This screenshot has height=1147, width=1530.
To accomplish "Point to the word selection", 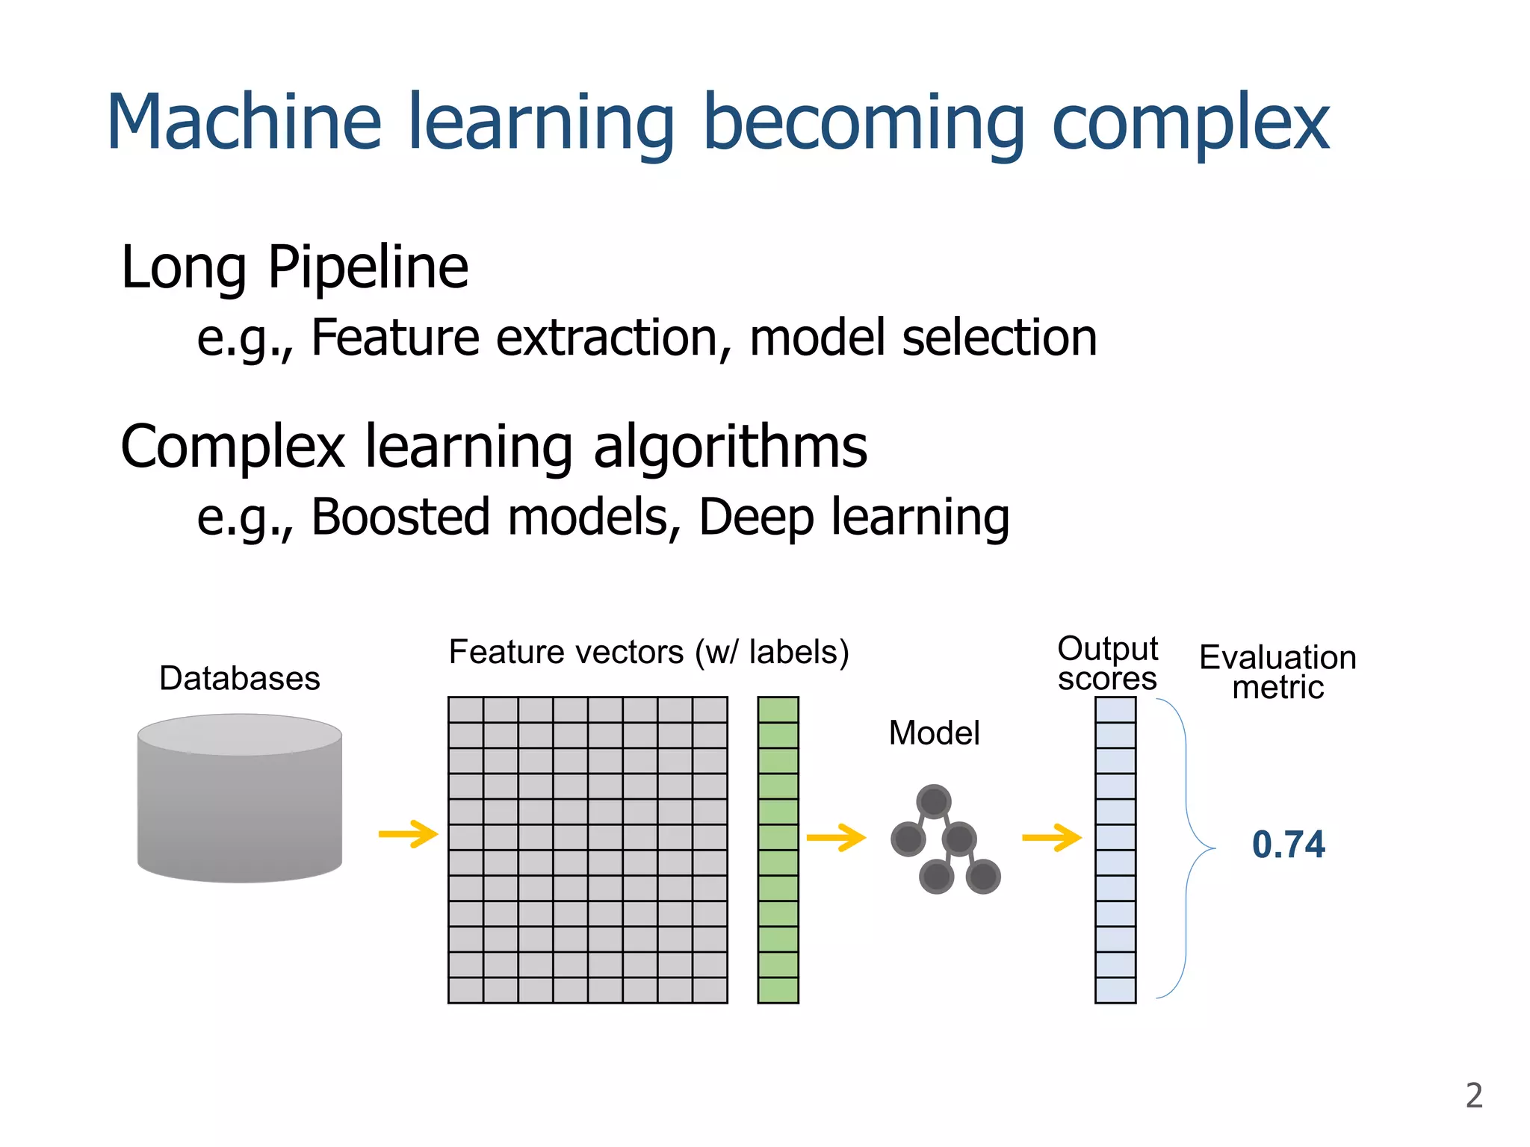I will tap(1000, 338).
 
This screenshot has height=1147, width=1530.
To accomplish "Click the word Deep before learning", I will tap(756, 518).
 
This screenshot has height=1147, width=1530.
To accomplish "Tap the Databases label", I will tap(239, 679).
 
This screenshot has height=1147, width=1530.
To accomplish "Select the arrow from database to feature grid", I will tap(408, 834).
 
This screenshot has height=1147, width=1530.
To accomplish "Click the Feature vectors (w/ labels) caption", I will tap(648, 652).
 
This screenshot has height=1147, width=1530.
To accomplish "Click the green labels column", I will tap(778, 850).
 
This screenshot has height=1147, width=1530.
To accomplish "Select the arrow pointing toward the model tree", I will tap(836, 837).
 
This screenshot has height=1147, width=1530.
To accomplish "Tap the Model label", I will tap(934, 733).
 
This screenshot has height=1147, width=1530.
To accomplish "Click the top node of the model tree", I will tap(934, 802).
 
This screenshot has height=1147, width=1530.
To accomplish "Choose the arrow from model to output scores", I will tap(1051, 837).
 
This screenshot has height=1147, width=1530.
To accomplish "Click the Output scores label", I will tap(1107, 664).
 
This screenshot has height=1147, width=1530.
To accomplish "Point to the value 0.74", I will tap(1288, 845).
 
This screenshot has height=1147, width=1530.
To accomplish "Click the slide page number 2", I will tap(1473, 1095).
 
